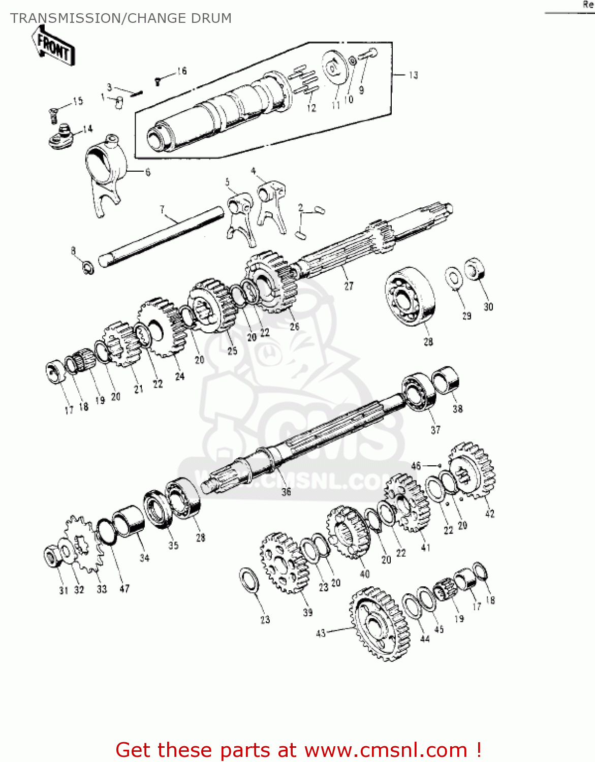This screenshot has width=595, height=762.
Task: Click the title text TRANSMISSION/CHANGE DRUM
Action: (121, 18)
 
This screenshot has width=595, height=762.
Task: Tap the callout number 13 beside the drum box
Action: (413, 75)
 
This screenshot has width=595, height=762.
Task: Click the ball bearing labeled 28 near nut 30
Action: (410, 298)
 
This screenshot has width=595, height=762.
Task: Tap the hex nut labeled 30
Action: (475, 269)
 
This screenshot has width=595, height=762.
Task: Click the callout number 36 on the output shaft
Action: (286, 491)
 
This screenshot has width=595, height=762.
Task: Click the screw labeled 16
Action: (158, 80)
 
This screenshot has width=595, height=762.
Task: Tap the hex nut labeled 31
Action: (51, 557)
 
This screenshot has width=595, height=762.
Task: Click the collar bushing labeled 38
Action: (446, 379)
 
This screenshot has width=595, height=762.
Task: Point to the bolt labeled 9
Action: (368, 53)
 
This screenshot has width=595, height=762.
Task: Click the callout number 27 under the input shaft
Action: (349, 286)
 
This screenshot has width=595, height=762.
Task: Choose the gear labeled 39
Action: (284, 563)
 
